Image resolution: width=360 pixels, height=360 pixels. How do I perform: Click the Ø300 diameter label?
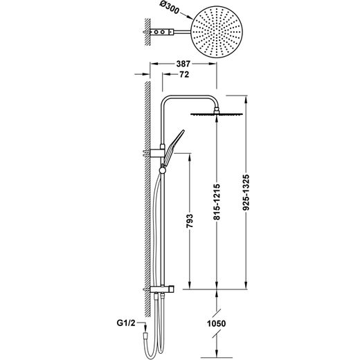pyautogui.click(x=169, y=9)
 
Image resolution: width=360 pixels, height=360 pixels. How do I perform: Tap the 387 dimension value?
pyautogui.click(x=183, y=64)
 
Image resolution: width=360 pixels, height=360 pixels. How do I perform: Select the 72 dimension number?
pyautogui.click(x=184, y=74)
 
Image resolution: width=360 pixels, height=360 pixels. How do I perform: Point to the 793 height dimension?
pyautogui.click(x=190, y=221)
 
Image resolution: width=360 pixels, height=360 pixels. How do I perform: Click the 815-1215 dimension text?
pyautogui.click(x=217, y=201)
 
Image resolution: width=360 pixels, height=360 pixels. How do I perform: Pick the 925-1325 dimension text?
pyautogui.click(x=246, y=192)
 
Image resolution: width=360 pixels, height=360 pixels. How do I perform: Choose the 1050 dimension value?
pyautogui.click(x=216, y=323)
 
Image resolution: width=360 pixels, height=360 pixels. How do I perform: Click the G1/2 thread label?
pyautogui.click(x=126, y=323)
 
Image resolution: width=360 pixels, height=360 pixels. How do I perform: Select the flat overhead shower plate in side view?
pyautogui.click(x=217, y=114)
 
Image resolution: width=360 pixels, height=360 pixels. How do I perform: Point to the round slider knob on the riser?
pyautogui.click(x=163, y=170)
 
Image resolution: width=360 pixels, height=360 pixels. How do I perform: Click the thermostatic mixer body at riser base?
pyautogui.click(x=162, y=289)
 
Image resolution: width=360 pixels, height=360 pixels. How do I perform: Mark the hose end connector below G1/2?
pyautogui.click(x=145, y=335)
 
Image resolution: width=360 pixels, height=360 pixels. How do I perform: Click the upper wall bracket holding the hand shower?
pyautogui.click(x=157, y=153)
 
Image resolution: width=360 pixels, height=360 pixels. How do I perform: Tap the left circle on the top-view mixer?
pyautogui.click(x=156, y=32)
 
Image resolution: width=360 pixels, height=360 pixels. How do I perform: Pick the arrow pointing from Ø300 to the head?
pyautogui.click(x=186, y=15)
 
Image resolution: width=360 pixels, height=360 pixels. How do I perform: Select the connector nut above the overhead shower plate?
pyautogui.click(x=217, y=109)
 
